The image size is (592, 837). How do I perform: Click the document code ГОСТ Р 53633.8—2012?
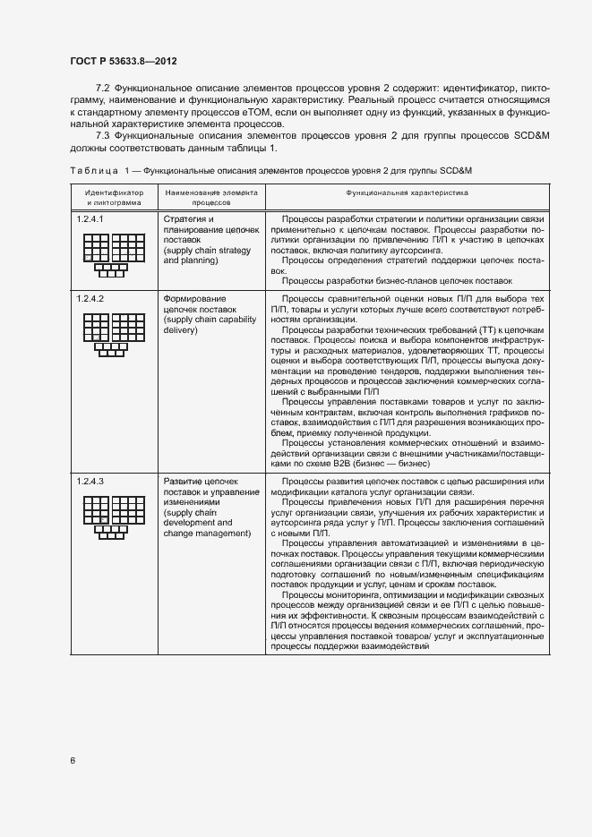pos(123,61)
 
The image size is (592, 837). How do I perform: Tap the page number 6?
pos(72,761)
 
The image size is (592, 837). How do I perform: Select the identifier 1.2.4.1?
pos(90,219)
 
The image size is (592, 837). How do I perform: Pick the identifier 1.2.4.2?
pos(90,297)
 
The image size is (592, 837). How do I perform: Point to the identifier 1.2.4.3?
pos(90,483)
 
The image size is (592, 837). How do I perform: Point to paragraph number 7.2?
pos(102,90)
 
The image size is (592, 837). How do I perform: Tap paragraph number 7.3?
pos(102,134)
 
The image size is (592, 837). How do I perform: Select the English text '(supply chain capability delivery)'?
pos(206,325)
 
